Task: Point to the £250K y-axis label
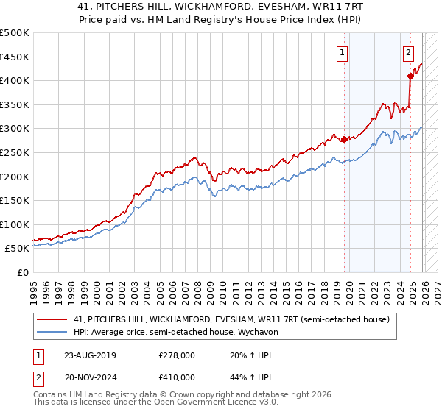click(x=15, y=152)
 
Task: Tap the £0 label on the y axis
click(x=23, y=272)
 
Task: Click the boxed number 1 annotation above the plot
click(x=343, y=52)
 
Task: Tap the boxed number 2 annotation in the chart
click(x=408, y=52)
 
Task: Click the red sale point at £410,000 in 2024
click(x=410, y=76)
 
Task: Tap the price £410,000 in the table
click(x=177, y=377)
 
